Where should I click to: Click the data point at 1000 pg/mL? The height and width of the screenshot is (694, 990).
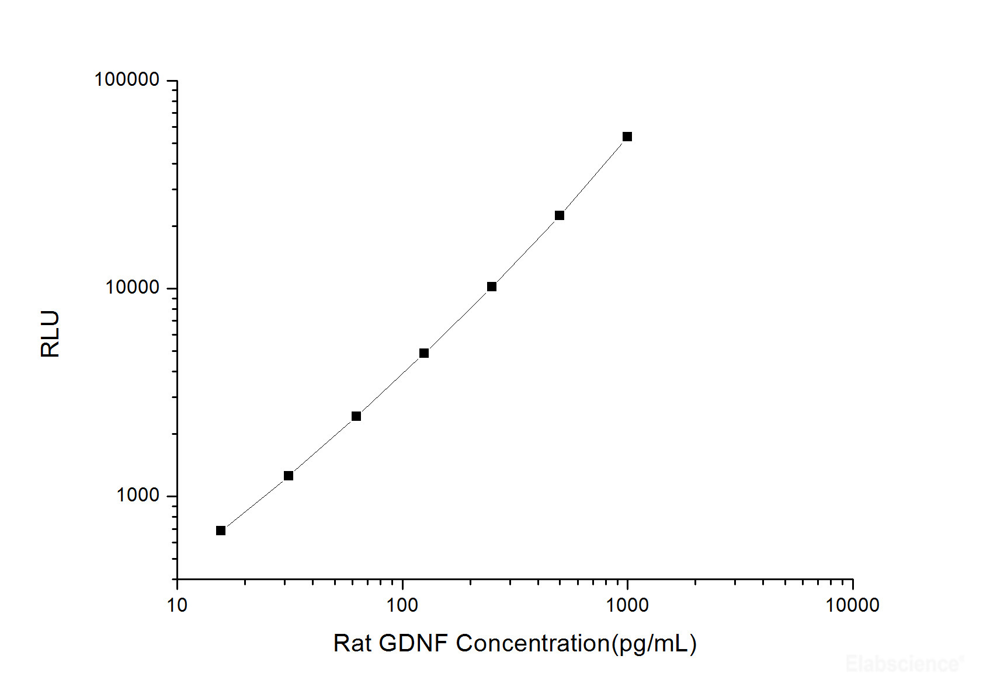click(x=627, y=137)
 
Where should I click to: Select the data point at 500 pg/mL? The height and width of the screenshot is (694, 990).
click(x=560, y=215)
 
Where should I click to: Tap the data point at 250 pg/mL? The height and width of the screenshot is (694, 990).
click(x=492, y=287)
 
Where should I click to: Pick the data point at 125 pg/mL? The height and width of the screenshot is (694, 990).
click(x=424, y=353)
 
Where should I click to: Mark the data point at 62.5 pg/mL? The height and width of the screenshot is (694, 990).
click(x=356, y=416)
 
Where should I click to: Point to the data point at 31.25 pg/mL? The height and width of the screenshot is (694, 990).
click(x=289, y=476)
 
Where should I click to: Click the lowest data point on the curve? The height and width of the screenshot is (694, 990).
click(x=221, y=531)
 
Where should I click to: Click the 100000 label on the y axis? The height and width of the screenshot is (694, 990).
click(x=127, y=79)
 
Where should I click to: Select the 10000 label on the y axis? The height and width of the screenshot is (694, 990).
click(x=132, y=287)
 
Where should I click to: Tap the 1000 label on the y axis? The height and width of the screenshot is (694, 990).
click(x=137, y=495)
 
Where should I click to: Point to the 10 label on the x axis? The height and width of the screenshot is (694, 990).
click(x=177, y=605)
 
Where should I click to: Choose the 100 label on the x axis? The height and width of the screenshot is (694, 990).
click(x=402, y=605)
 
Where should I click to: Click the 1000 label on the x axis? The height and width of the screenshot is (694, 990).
click(x=627, y=605)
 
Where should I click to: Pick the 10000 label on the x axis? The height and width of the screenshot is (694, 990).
click(x=852, y=605)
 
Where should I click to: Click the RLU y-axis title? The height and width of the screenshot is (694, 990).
click(x=50, y=334)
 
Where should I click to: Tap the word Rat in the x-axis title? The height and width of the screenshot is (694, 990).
click(x=352, y=643)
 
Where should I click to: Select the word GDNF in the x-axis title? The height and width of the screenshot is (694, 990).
click(x=414, y=643)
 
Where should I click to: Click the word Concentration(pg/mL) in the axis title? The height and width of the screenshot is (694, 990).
click(x=576, y=644)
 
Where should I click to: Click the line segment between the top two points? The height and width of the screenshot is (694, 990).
click(x=593, y=176)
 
